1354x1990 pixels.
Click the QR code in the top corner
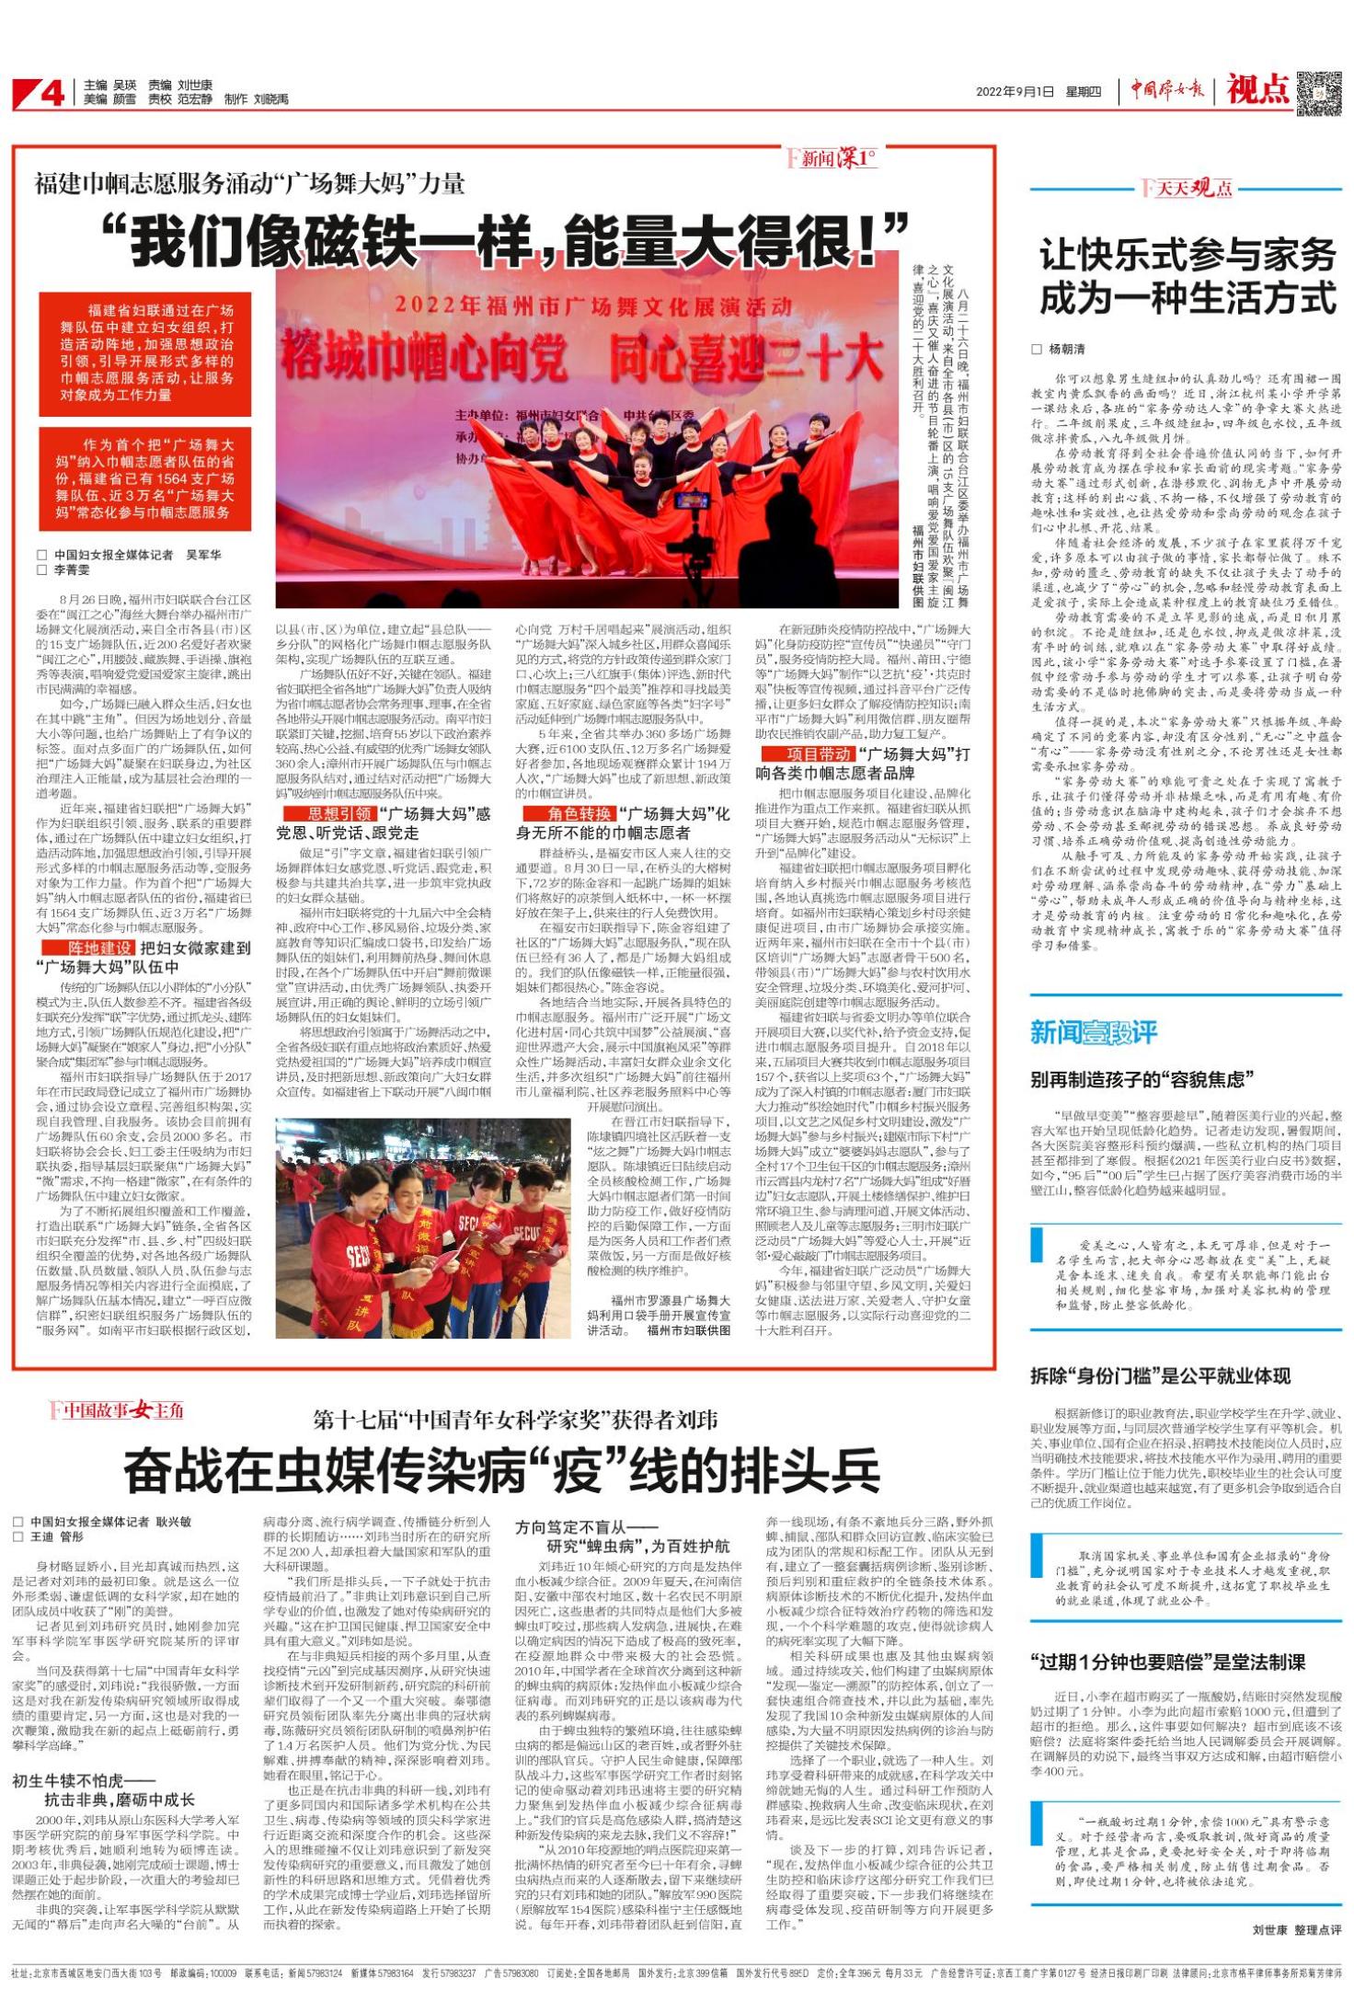coord(1318,91)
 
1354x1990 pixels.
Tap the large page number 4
coord(51,93)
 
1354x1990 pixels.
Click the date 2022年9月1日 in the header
coord(1015,92)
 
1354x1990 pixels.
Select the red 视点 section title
coord(1257,90)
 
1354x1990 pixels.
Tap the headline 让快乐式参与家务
coord(1187,255)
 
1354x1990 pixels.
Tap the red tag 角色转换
coord(568,814)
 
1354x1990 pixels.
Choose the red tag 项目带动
coord(807,754)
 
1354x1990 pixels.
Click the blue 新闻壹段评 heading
coord(1093,1032)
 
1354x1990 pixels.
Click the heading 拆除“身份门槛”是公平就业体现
coord(1160,1376)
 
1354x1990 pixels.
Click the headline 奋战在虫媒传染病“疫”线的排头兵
coord(502,1470)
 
